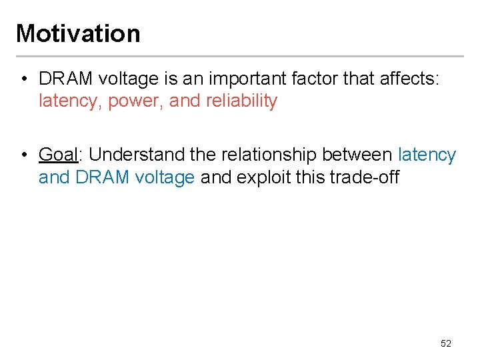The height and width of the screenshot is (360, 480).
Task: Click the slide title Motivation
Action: pyautogui.click(x=78, y=33)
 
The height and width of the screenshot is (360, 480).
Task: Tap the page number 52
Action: pyautogui.click(x=446, y=343)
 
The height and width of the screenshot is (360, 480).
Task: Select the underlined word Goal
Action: pyautogui.click(x=59, y=155)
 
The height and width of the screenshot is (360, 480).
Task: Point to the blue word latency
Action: pyautogui.click(x=427, y=155)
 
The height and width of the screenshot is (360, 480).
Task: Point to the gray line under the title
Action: pyautogui.click(x=240, y=57)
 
